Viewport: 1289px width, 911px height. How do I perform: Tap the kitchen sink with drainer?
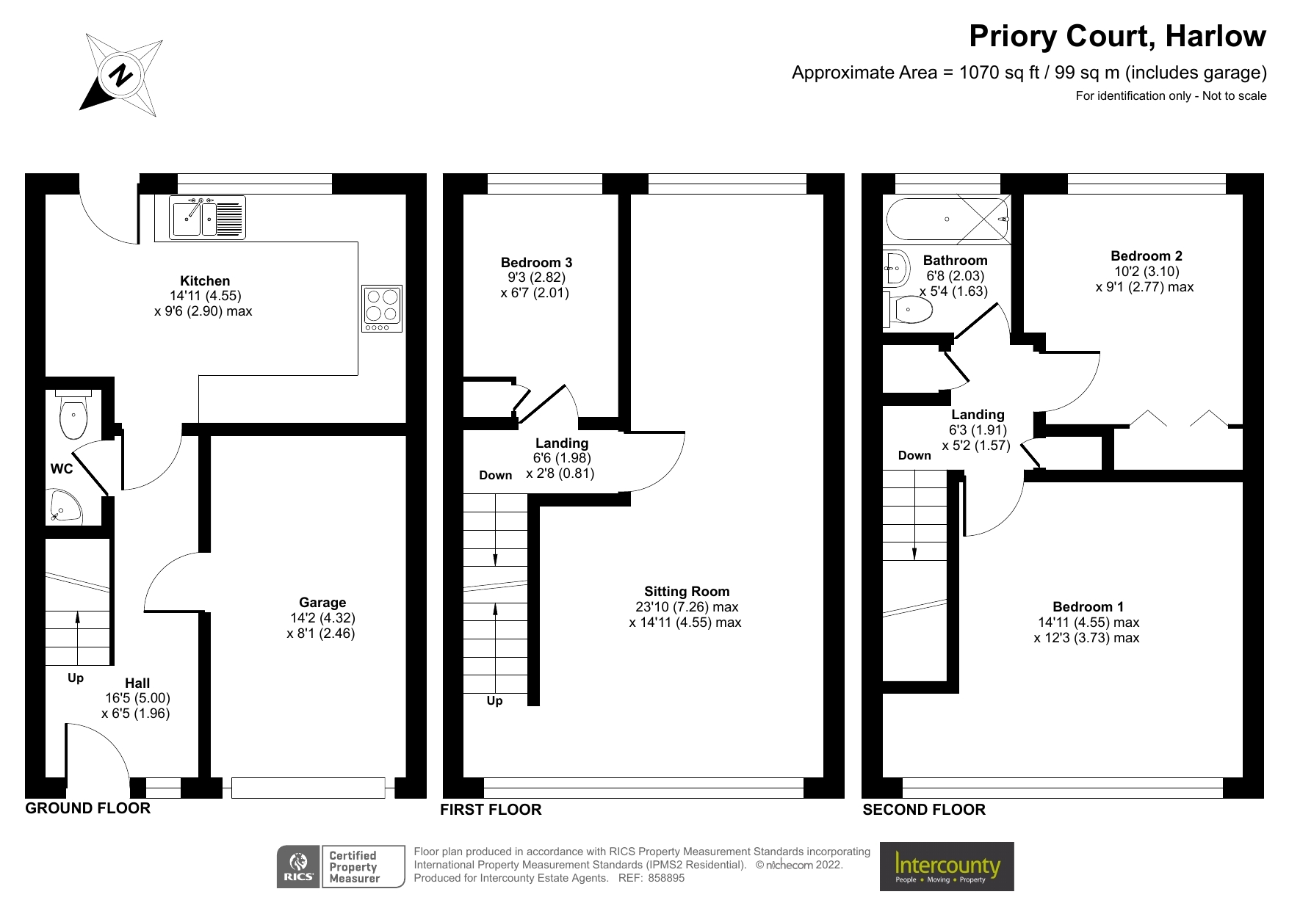[207, 217]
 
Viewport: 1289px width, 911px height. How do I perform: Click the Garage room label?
[322, 603]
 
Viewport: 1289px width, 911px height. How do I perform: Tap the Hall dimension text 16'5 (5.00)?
[137, 698]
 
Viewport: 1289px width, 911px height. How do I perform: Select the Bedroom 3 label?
[536, 263]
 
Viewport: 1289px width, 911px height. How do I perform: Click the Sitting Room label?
[687, 592]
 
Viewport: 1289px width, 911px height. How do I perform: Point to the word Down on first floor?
[495, 476]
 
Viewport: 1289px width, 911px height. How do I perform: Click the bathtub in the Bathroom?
[947, 219]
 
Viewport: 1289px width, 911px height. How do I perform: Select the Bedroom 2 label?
[1146, 256]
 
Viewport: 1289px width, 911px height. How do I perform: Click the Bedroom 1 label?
[1088, 607]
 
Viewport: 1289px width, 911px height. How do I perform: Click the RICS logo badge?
[299, 866]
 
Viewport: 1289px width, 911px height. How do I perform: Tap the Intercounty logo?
[946, 867]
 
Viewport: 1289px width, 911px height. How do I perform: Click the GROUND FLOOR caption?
[87, 808]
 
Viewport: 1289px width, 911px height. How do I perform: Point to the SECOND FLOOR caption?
[923, 810]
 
